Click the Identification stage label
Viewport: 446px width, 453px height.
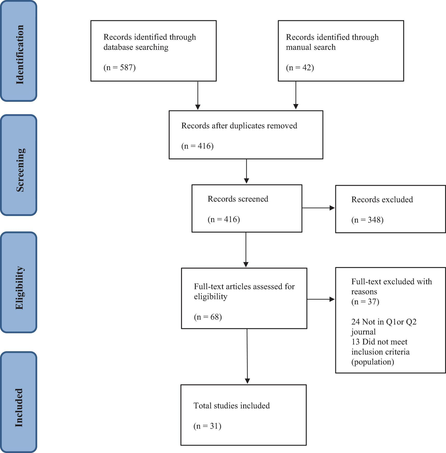20,54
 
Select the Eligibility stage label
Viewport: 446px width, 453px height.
20,288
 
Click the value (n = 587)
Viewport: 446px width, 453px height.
119,68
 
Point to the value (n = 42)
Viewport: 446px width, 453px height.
300,68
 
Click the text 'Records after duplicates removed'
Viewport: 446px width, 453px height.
239,126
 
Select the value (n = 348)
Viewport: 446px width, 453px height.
367,220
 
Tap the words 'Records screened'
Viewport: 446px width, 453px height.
238,199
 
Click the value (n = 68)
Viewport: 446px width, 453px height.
208,317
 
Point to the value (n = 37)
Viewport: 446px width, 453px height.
365,302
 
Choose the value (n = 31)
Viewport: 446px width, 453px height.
207,426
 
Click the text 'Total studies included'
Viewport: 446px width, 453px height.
231,406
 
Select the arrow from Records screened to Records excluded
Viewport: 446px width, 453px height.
318,208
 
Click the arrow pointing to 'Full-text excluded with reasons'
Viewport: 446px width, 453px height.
321,299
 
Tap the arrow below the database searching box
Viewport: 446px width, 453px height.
198,96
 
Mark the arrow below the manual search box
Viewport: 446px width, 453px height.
296,96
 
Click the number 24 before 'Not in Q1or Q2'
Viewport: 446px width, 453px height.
355,322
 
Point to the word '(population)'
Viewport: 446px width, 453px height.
373,362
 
